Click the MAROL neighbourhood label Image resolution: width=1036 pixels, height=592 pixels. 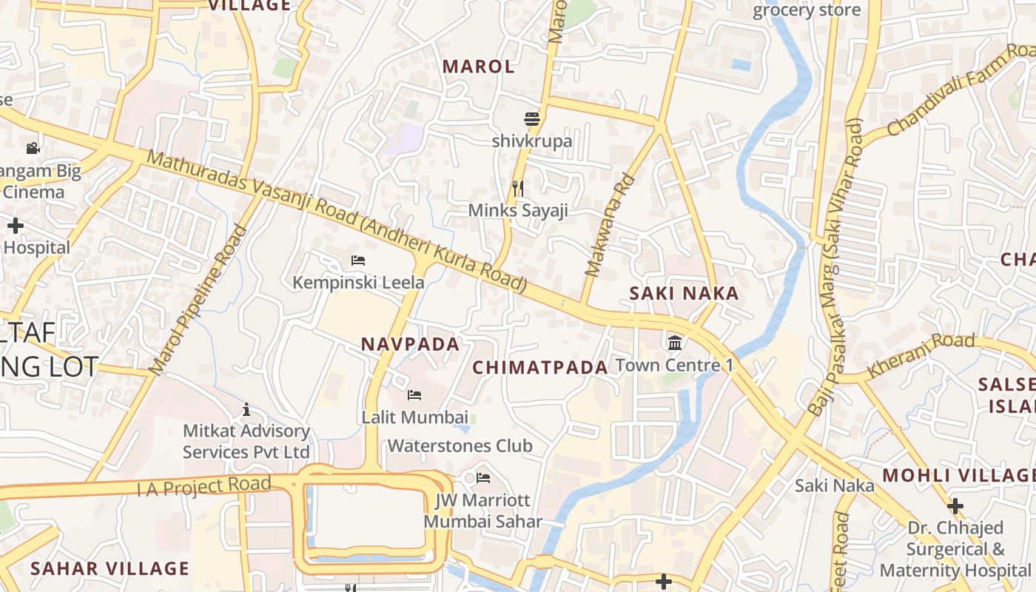point(478,67)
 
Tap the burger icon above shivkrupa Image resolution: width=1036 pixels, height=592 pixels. point(531,119)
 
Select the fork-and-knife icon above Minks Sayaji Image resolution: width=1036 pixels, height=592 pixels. point(518,189)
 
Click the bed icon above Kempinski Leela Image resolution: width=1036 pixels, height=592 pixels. point(358,260)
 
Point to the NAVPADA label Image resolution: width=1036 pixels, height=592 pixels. point(411,344)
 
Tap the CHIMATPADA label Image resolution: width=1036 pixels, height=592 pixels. point(540,367)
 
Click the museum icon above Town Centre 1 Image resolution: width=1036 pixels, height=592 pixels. point(675,343)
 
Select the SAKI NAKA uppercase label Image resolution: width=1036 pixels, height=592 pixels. point(684,293)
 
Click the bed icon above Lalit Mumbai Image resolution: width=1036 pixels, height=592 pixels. point(414,395)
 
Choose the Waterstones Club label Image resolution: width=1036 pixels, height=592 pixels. point(460,445)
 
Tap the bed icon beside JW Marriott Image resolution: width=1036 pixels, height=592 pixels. point(483,477)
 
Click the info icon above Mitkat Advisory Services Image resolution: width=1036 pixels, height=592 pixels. point(246,409)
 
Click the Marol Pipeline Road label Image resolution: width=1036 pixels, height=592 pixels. point(198,300)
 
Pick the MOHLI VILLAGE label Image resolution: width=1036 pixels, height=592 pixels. point(959,475)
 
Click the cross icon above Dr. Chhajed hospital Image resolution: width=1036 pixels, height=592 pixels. point(955,507)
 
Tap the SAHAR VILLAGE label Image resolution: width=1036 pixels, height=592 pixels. point(110,568)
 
